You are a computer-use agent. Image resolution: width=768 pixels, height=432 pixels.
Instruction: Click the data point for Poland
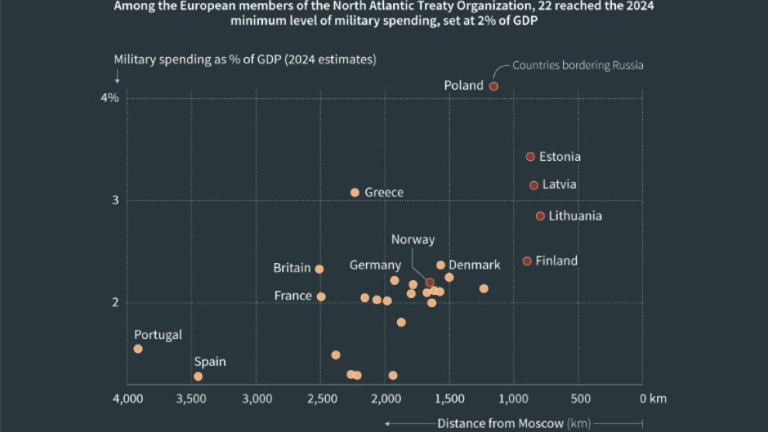[x=493, y=86]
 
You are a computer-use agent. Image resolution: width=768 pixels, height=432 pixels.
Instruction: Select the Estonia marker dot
[x=530, y=156]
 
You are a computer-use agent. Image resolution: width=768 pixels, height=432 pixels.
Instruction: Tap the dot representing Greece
[x=355, y=193]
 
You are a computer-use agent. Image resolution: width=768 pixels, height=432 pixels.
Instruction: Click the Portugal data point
[x=138, y=349]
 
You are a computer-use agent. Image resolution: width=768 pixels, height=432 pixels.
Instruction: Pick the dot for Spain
[x=198, y=376]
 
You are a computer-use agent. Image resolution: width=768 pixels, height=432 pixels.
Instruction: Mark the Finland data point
[x=527, y=261]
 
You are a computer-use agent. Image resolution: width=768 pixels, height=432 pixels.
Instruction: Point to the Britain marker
[x=319, y=269]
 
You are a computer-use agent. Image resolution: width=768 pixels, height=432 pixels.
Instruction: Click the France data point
[x=321, y=296]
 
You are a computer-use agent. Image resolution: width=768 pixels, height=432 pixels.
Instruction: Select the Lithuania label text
[x=575, y=216]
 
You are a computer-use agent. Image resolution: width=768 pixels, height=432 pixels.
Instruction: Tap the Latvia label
[x=559, y=185]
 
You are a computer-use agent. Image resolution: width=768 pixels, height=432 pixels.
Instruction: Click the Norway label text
[x=413, y=239]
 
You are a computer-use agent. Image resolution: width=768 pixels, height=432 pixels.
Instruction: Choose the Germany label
[x=375, y=265]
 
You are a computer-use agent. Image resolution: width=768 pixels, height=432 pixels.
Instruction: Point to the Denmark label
[x=474, y=265]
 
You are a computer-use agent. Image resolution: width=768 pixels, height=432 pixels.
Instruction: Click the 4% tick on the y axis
[x=109, y=98]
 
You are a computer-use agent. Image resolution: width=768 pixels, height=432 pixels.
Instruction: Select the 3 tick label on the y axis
[x=115, y=200]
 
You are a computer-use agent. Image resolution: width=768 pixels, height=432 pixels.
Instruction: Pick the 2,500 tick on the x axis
[x=320, y=399]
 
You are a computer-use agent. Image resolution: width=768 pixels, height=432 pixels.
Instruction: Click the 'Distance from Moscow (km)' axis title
[x=513, y=423]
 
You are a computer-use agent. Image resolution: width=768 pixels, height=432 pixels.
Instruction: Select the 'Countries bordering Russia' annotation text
[x=578, y=65]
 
